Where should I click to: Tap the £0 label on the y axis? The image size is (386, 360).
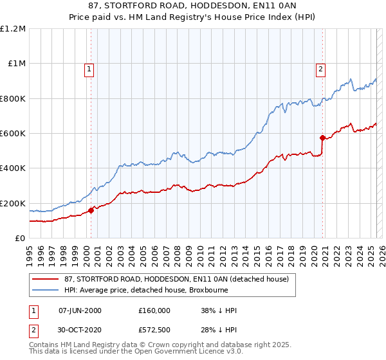21,239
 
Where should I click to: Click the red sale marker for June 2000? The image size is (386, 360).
91,210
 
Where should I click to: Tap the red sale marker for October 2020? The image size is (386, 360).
323,137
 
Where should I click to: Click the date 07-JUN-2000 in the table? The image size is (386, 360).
80,310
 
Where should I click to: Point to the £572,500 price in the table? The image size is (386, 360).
154,330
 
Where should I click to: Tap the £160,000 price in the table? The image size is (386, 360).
154,310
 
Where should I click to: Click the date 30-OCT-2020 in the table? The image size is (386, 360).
80,330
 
